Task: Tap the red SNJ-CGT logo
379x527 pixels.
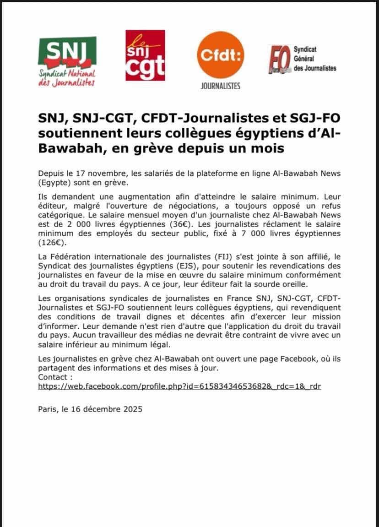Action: pos(145,55)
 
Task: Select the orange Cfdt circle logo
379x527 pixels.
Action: pos(220,55)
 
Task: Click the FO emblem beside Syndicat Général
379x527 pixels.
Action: pos(278,60)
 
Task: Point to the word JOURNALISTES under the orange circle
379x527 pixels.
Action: pos(220,86)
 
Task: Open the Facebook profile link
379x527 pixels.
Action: pos(179,386)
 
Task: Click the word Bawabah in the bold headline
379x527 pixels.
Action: pos(68,149)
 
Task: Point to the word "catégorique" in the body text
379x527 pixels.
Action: pos(59,216)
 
